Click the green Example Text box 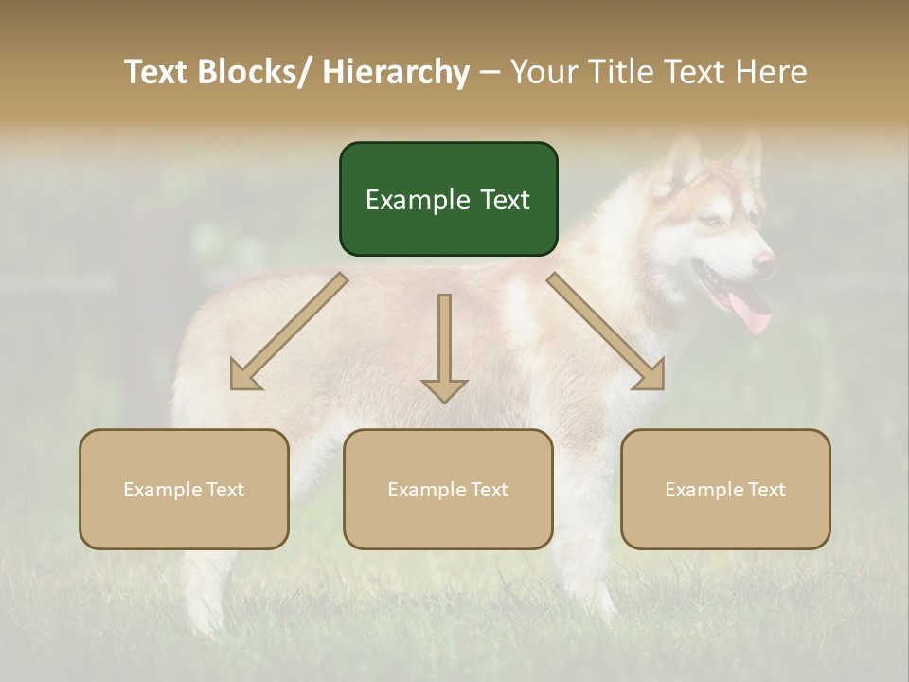pyautogui.click(x=448, y=199)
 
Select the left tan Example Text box pyautogui.click(x=184, y=489)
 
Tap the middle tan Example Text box pyautogui.click(x=448, y=489)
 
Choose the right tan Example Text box pyautogui.click(x=725, y=489)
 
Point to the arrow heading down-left pyautogui.click(x=288, y=332)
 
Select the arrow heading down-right pyautogui.click(x=606, y=332)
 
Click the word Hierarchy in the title pyautogui.click(x=396, y=72)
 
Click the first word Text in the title pyautogui.click(x=159, y=72)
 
